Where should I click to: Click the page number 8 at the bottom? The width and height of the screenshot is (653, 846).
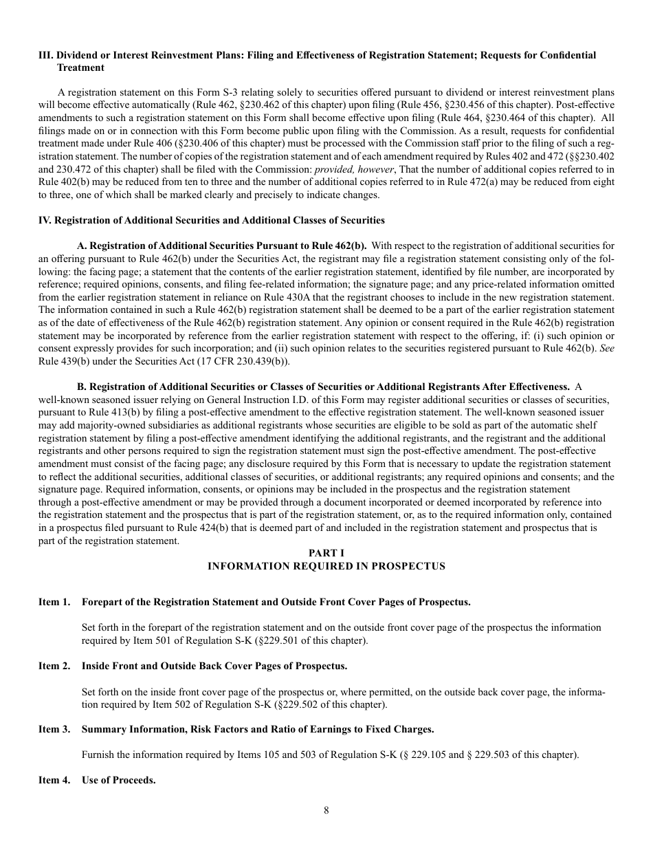click(x=326, y=810)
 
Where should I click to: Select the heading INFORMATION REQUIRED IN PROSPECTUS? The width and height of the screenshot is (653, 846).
click(x=326, y=566)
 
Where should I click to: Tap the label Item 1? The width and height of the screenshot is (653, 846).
click(x=54, y=602)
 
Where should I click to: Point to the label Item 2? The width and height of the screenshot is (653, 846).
click(x=54, y=666)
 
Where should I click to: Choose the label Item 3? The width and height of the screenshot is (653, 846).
click(x=54, y=729)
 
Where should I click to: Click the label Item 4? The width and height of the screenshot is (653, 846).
click(x=54, y=781)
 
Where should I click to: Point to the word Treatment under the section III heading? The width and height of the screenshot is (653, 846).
click(x=80, y=67)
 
